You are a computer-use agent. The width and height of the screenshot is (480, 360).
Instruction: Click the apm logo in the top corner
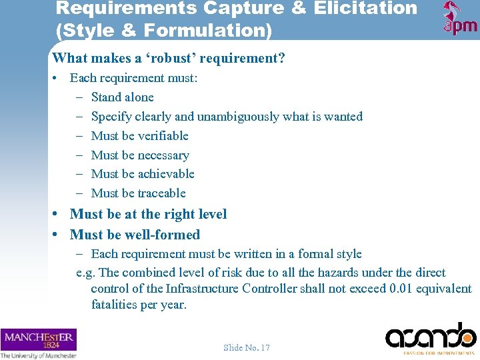click(x=460, y=19)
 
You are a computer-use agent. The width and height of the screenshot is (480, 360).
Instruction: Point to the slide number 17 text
click(x=247, y=347)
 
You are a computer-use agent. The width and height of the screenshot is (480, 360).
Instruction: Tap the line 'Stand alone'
click(x=122, y=97)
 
